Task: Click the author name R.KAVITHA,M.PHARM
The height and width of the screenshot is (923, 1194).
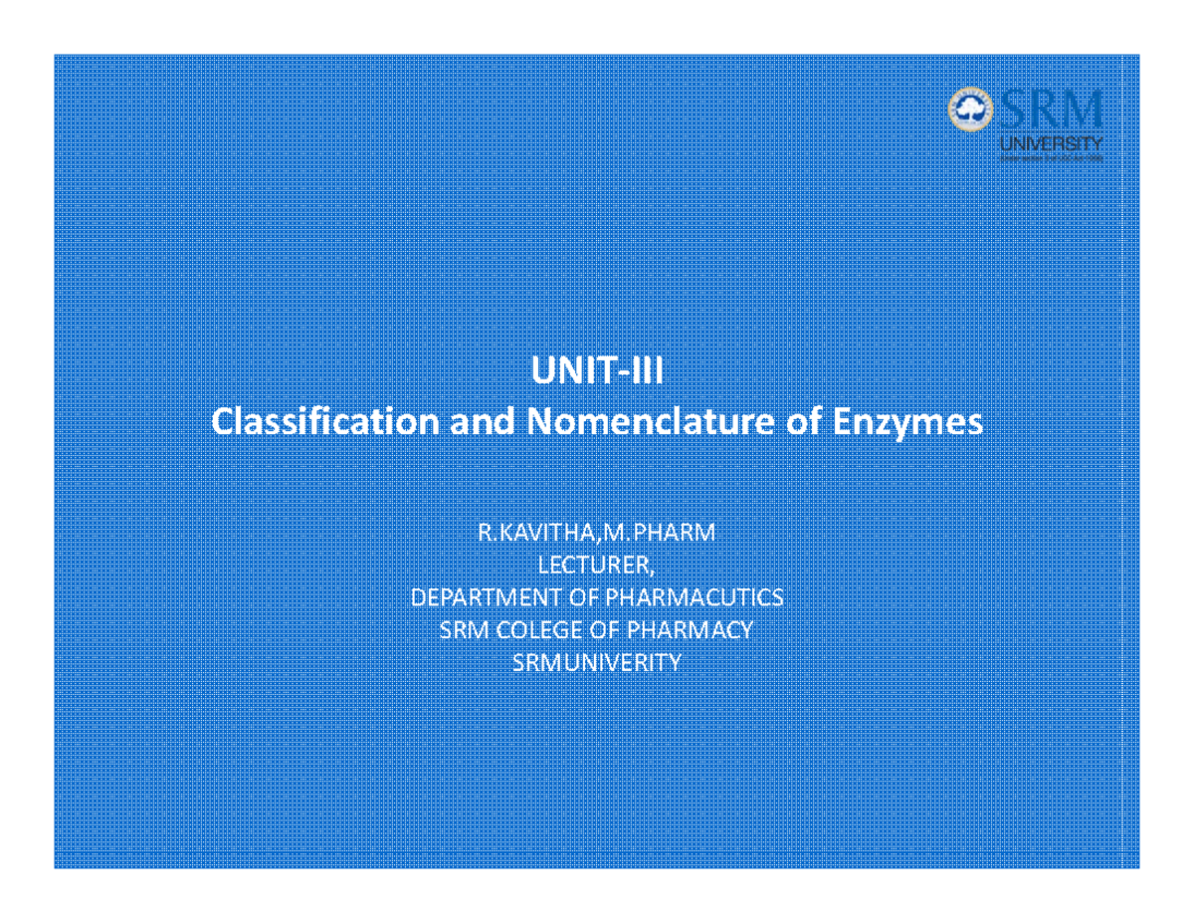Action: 597,533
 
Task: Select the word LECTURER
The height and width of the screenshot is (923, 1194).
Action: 595,566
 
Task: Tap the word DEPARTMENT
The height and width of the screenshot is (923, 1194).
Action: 474,597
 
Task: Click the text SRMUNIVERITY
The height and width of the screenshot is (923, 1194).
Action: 597,662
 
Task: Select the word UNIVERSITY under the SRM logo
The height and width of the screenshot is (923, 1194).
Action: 1051,144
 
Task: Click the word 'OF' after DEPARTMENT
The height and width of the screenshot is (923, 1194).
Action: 582,597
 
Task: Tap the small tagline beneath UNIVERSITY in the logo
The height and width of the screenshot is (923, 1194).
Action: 1051,157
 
